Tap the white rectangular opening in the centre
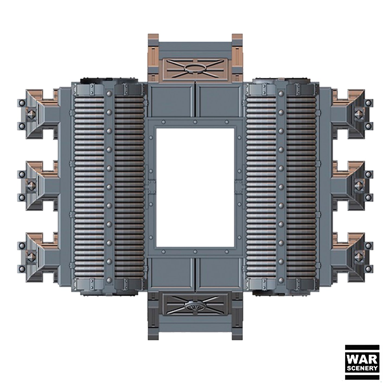click(x=195, y=188)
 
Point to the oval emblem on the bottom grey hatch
click(x=195, y=307)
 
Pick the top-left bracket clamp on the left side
click(x=39, y=114)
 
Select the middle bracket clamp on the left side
click(x=39, y=186)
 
